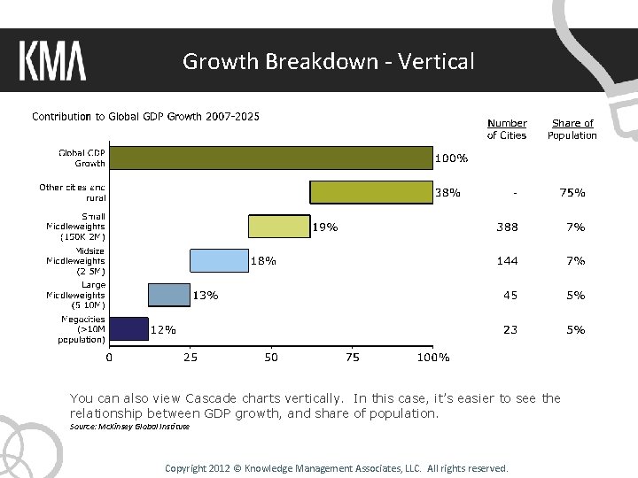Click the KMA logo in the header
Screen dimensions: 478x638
pos(52,62)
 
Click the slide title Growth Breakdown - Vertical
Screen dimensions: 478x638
pos(328,61)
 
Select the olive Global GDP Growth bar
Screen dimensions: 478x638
pos(270,158)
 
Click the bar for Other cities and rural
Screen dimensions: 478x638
pos(370,192)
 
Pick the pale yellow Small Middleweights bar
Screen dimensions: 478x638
pos(279,227)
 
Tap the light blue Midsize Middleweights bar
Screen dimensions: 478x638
pos(219,260)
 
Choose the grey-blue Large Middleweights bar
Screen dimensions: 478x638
pos(168,295)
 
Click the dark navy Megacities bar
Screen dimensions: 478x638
pos(128,328)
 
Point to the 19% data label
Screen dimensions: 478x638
pos(325,227)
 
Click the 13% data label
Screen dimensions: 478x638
pos(206,295)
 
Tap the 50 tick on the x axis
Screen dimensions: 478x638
pos(271,358)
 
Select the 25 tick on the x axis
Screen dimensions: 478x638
pos(190,358)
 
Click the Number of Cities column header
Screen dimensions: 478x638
pos(507,129)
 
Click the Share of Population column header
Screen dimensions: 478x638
pos(572,129)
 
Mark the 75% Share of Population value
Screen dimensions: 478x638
pos(572,192)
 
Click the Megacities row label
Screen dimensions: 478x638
pos(83,328)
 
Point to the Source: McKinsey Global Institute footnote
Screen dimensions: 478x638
pos(129,427)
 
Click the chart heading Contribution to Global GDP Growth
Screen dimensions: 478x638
pos(146,116)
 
